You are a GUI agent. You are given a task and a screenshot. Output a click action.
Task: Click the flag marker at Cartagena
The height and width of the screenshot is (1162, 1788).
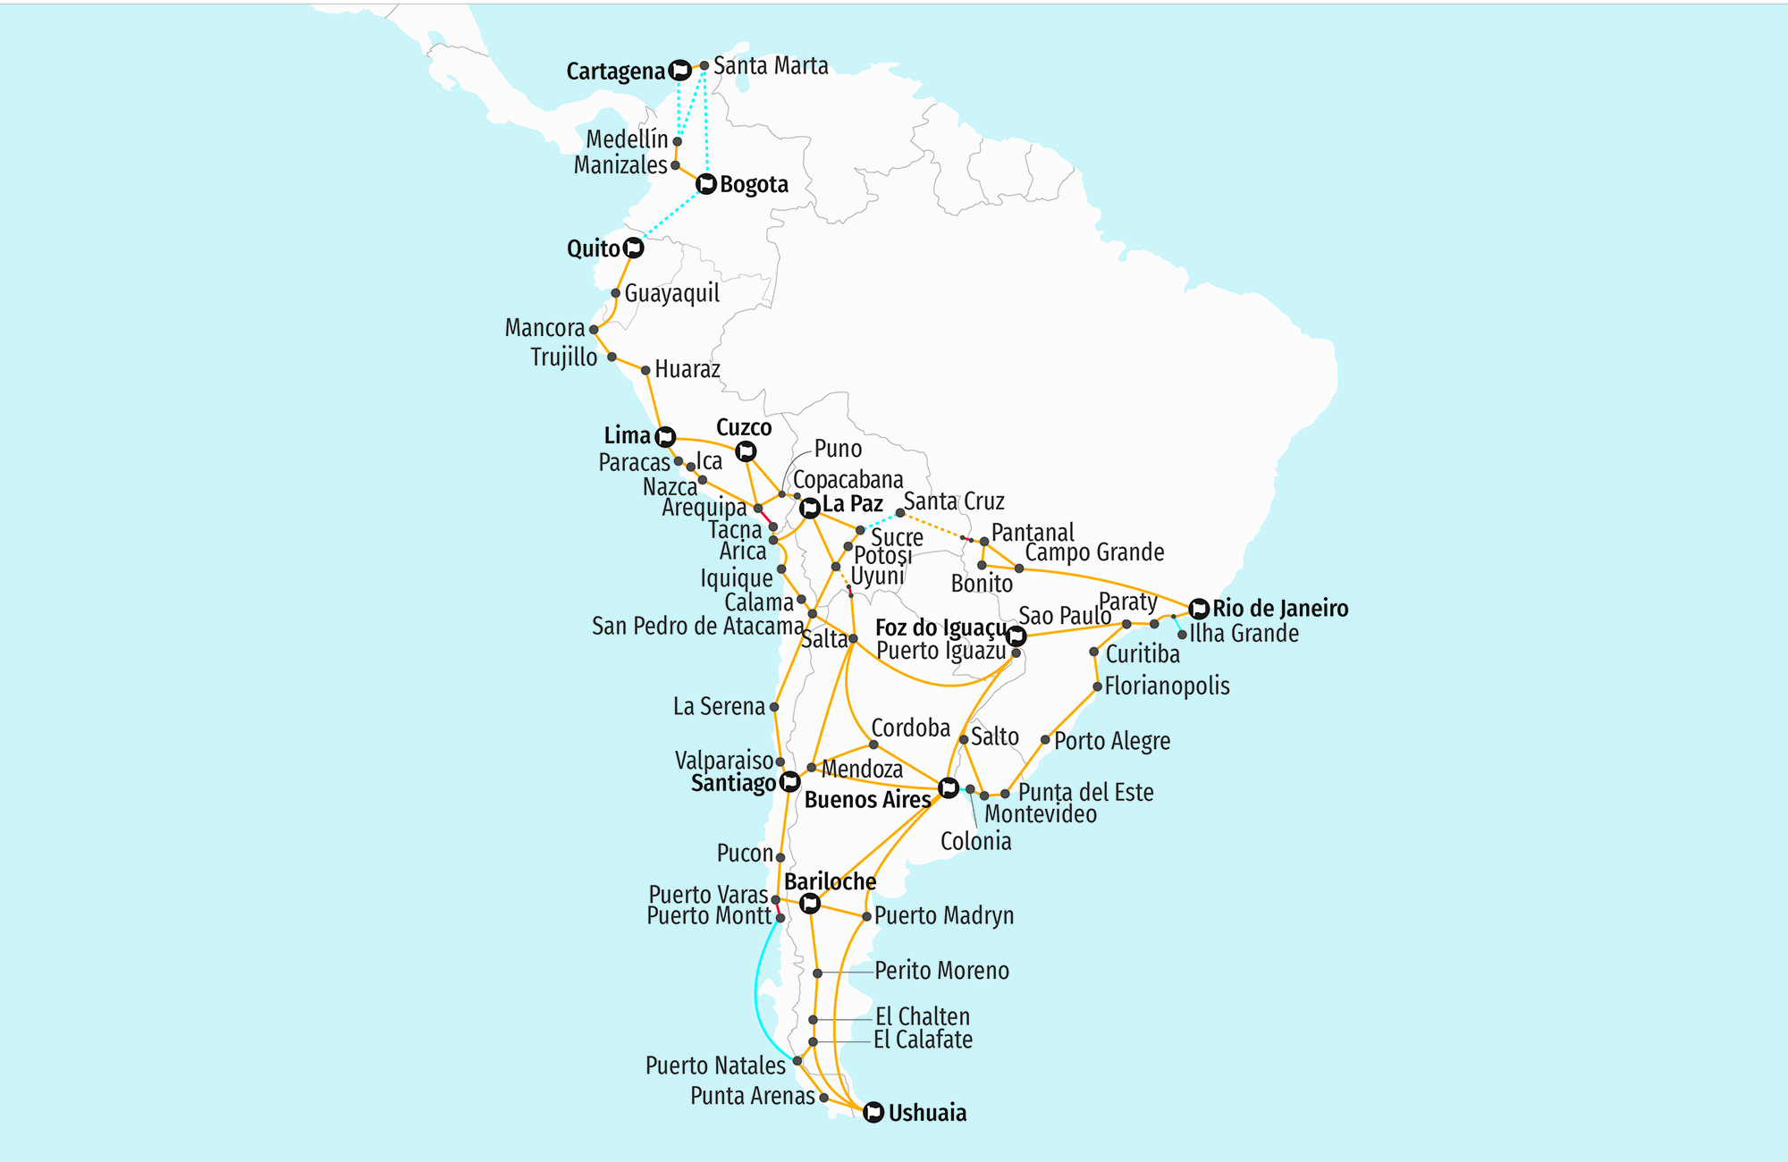(x=680, y=70)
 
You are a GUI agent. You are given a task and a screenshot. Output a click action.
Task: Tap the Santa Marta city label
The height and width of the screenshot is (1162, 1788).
(x=770, y=66)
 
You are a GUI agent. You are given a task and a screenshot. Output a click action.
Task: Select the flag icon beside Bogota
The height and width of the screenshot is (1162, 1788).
(x=706, y=184)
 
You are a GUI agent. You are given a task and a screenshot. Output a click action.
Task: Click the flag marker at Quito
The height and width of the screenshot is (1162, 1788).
(x=634, y=248)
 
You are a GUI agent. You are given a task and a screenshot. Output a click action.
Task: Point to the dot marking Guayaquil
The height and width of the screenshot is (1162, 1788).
(x=616, y=293)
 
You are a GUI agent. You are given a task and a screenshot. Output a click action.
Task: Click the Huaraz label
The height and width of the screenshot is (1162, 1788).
(x=687, y=369)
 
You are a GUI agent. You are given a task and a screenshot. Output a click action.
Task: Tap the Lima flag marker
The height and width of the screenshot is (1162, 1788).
(x=665, y=437)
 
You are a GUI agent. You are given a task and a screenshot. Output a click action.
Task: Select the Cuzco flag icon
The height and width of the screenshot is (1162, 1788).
(x=746, y=451)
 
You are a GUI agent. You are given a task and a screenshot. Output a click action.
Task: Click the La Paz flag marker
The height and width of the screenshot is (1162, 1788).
(x=810, y=509)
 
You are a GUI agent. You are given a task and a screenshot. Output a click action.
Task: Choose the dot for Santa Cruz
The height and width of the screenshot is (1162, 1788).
(x=900, y=513)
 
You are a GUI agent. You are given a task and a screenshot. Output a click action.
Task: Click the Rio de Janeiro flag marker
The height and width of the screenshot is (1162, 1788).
(x=1199, y=609)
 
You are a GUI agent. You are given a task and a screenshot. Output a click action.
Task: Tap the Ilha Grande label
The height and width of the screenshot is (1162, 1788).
(x=1244, y=634)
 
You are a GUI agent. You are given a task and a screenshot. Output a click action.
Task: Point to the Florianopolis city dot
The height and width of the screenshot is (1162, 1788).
(x=1098, y=686)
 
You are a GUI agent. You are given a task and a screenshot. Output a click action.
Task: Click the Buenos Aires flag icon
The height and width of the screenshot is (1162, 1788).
(x=949, y=788)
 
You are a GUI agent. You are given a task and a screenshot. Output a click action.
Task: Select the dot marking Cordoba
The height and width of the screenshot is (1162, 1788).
(x=874, y=745)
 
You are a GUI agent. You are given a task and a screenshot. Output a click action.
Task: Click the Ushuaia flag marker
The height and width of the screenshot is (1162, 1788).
(x=873, y=1112)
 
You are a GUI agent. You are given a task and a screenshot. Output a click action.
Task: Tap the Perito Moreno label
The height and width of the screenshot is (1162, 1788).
(x=941, y=971)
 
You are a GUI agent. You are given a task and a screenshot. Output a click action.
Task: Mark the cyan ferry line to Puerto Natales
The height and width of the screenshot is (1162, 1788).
(x=757, y=992)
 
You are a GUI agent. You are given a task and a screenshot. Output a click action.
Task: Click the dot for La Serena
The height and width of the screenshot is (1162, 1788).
(x=774, y=707)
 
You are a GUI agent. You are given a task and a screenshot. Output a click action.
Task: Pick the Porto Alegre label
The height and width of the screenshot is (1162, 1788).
(x=1111, y=741)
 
